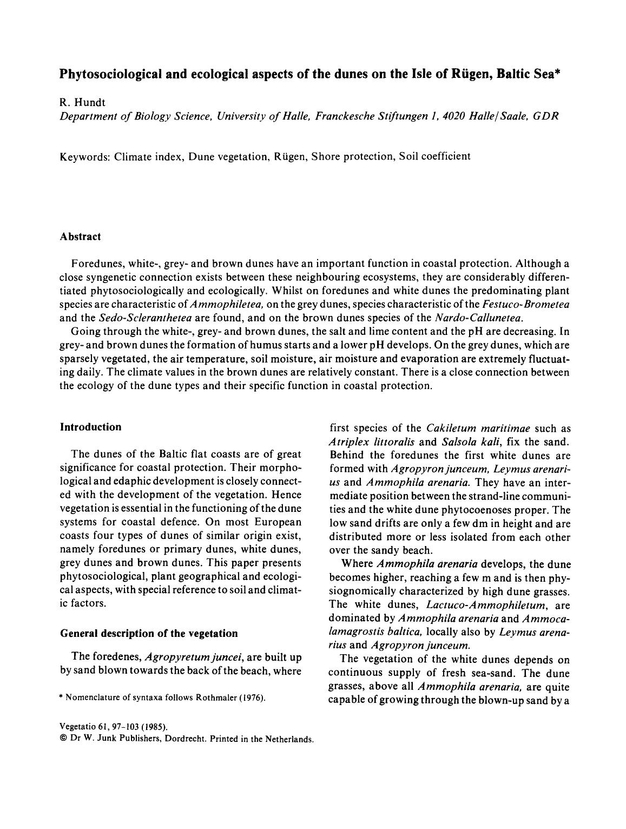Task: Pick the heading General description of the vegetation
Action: [149, 633]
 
